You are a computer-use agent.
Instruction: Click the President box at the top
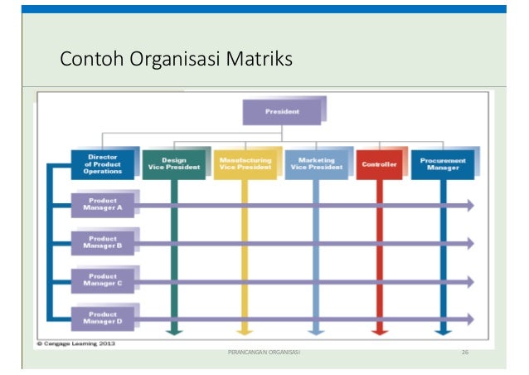(x=282, y=111)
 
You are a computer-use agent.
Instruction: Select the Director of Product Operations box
(x=103, y=163)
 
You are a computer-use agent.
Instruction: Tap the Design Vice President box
(x=174, y=163)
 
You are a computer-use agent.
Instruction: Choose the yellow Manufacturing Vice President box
(x=245, y=163)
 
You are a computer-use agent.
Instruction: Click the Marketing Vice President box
(x=316, y=163)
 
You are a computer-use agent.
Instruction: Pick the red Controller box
(x=379, y=164)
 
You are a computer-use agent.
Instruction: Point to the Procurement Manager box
(x=443, y=163)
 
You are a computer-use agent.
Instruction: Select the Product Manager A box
(x=103, y=205)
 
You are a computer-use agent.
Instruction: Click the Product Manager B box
(x=103, y=242)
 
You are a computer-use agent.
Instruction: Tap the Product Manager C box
(x=103, y=280)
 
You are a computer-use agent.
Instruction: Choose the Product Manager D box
(x=103, y=317)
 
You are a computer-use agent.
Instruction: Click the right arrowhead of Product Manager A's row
(x=470, y=205)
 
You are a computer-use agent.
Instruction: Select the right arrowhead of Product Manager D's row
(x=470, y=319)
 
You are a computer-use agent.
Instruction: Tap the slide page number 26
(x=465, y=353)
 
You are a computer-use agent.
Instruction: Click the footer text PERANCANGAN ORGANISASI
(x=264, y=353)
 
